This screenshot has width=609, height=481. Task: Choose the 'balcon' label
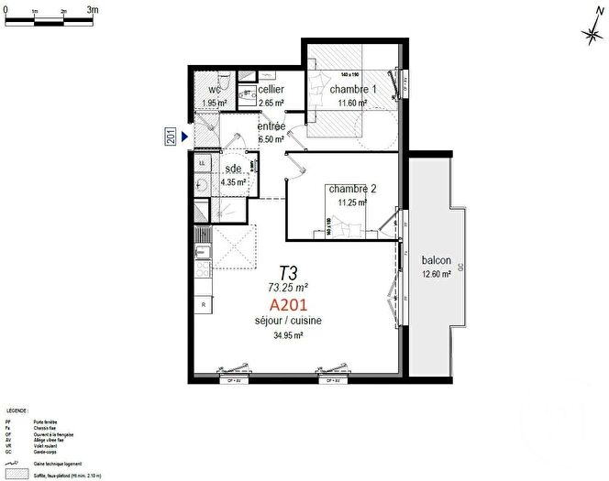[x=436, y=260]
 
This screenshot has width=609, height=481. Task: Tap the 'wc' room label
[x=216, y=90]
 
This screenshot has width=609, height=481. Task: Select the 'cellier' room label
[x=271, y=90]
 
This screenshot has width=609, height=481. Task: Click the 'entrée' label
[x=271, y=126]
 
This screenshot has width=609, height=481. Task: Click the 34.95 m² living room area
[x=288, y=335]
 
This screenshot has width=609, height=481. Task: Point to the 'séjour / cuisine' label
[x=289, y=321]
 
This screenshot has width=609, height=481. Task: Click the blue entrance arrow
[x=184, y=137]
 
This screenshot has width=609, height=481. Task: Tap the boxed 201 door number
[x=171, y=137]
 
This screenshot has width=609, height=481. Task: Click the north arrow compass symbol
[x=591, y=29]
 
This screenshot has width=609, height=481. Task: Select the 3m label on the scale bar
[x=94, y=9]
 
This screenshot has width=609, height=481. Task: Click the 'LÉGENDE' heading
[x=17, y=411]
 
